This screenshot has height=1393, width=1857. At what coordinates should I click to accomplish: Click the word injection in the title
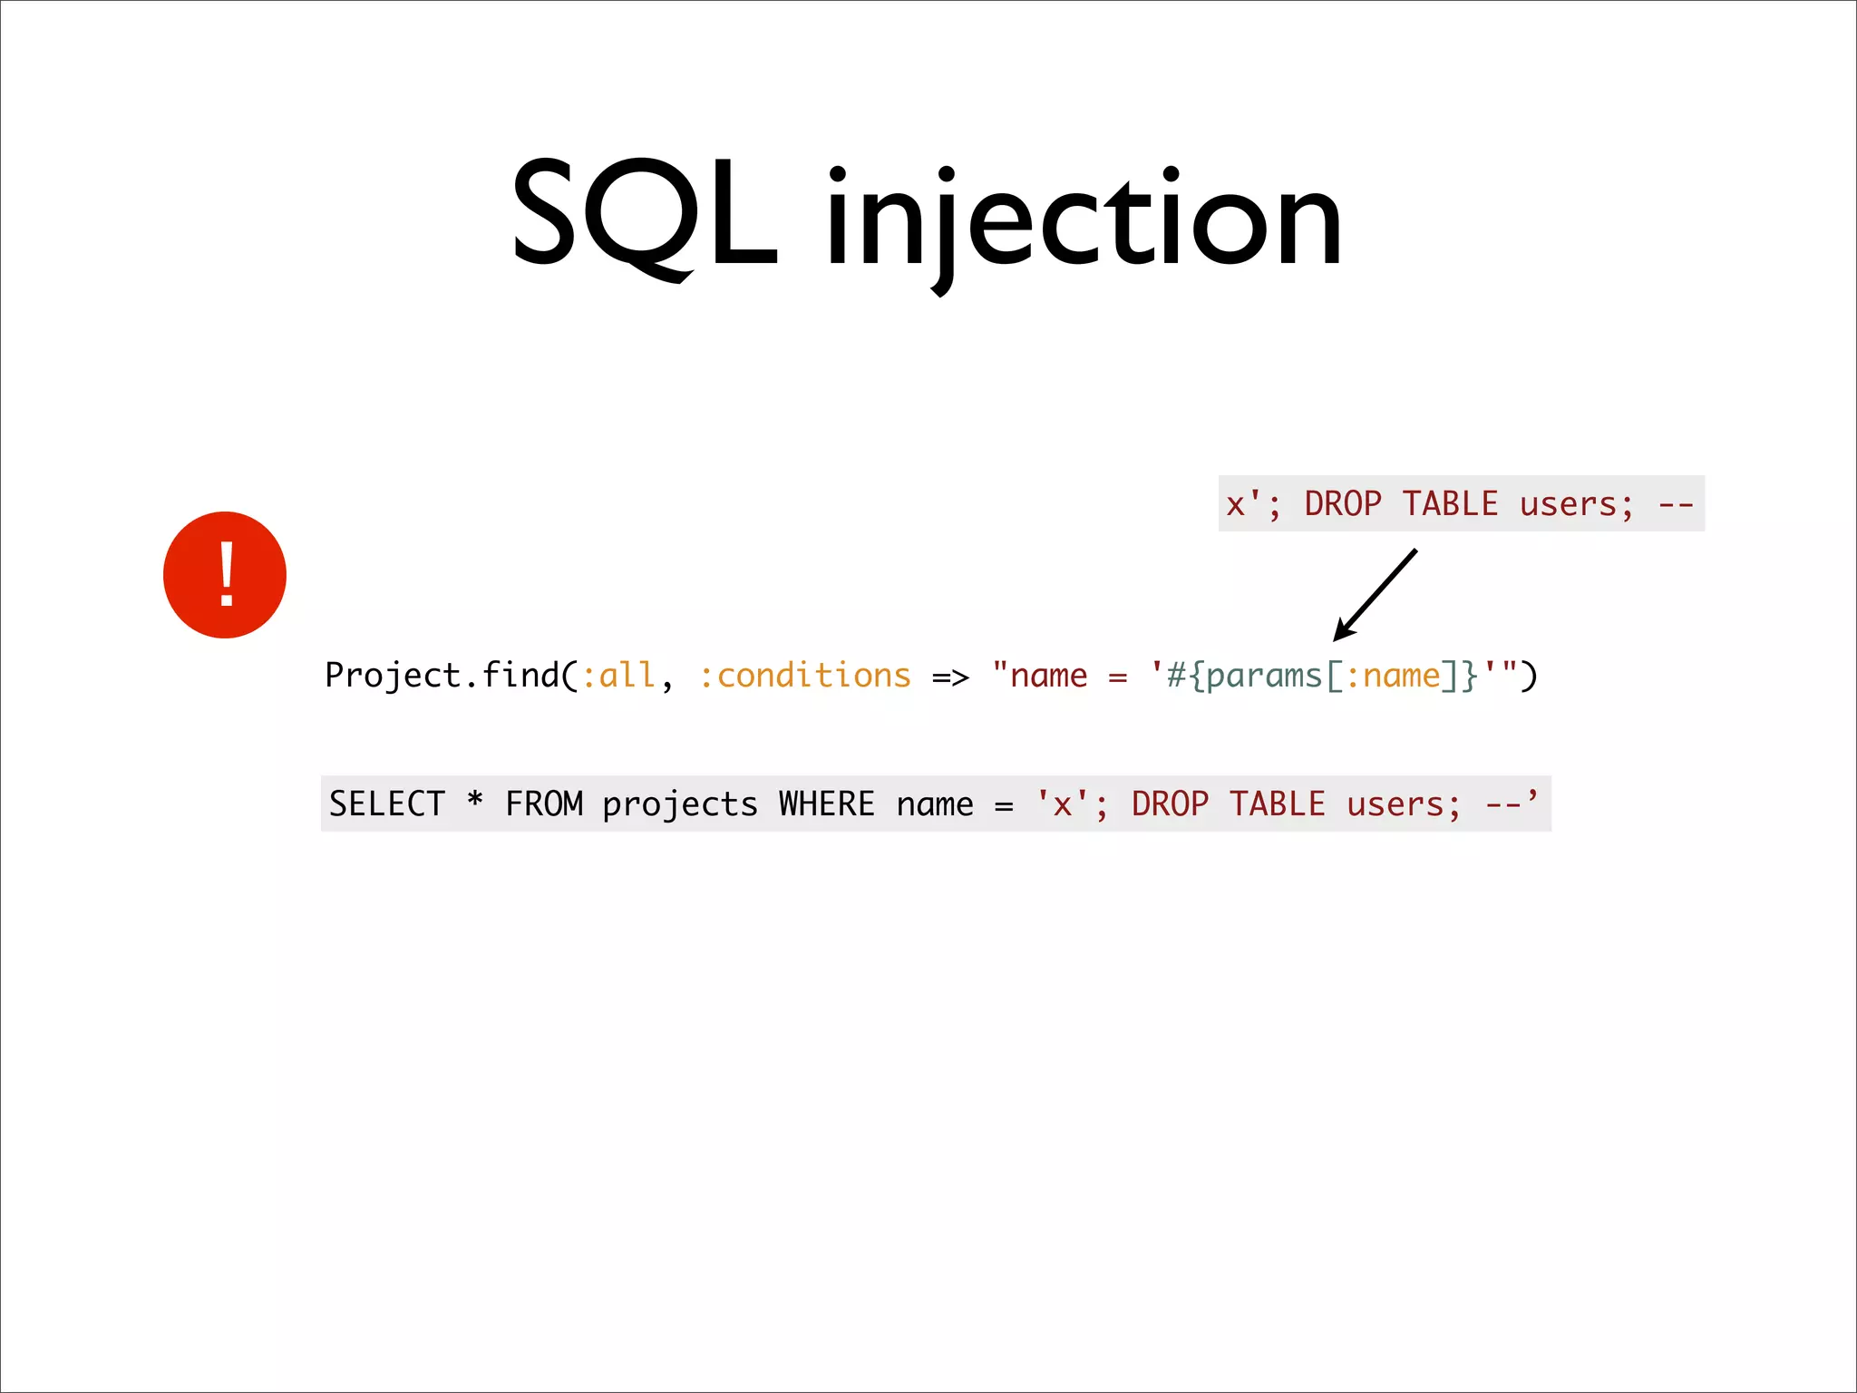(x=1084, y=222)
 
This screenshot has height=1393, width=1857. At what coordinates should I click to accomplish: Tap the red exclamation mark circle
(x=225, y=575)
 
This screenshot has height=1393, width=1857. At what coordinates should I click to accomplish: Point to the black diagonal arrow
(x=1375, y=595)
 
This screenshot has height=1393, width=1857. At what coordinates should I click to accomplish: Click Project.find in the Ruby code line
(x=442, y=676)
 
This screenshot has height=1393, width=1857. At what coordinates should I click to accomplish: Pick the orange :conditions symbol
(x=804, y=676)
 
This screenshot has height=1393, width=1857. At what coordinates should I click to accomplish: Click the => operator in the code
(x=950, y=677)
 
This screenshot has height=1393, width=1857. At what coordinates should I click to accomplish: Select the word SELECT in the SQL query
(x=387, y=804)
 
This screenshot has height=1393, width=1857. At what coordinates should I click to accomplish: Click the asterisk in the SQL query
(x=474, y=801)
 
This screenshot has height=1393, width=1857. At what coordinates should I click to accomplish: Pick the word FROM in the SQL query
(x=544, y=804)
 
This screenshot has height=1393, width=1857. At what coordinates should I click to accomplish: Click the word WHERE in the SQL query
(x=827, y=804)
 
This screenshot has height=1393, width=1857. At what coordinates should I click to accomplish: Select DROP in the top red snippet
(x=1343, y=504)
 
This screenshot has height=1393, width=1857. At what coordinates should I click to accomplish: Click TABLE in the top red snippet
(x=1450, y=504)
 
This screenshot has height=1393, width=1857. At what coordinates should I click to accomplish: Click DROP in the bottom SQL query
(x=1170, y=804)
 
